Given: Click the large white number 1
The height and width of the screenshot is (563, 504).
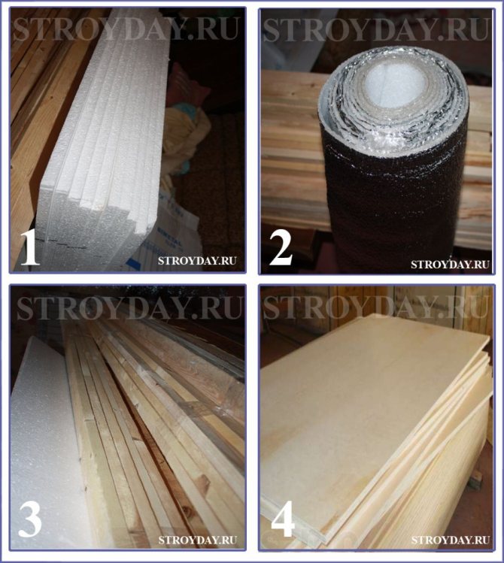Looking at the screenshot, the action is point(31,247).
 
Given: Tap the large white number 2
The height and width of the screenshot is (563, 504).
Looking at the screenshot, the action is point(281,247).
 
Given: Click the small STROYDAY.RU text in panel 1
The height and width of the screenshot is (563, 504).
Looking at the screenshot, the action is point(197,261).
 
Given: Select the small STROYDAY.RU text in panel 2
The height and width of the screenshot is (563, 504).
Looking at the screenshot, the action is point(450,265).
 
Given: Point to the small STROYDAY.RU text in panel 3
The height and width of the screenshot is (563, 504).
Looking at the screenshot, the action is point(198,540).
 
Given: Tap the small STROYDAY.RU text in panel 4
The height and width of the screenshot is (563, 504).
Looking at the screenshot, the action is point(451,540).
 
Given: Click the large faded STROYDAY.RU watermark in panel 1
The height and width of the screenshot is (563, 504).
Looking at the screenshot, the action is point(126,29).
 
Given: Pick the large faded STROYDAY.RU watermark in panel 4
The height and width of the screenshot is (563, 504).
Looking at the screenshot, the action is point(376,306).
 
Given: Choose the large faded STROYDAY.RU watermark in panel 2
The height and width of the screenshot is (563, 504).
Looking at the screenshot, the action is point(376,29).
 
